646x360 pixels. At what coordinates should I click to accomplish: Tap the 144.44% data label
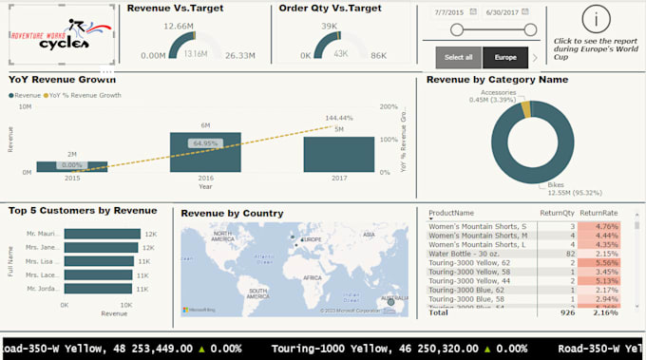coord(339,119)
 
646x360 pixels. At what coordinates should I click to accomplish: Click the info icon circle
coord(596,18)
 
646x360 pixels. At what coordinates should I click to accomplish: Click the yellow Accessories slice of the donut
coord(525,110)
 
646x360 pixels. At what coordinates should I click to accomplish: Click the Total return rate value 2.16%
coord(606,312)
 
